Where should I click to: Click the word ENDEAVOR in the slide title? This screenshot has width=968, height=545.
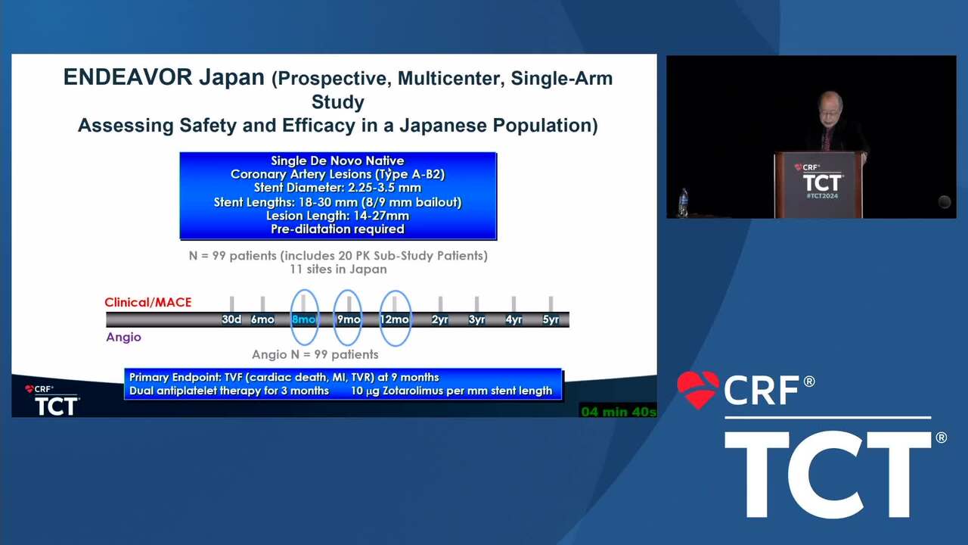pyautogui.click(x=128, y=77)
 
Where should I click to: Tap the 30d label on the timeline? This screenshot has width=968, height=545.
pyautogui.click(x=231, y=319)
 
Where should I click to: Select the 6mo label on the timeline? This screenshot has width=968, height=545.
pyautogui.click(x=262, y=319)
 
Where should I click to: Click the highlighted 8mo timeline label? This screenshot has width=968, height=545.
pyautogui.click(x=304, y=319)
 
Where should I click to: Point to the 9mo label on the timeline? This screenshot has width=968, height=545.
pyautogui.click(x=349, y=319)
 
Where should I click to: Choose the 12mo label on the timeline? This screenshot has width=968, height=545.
pyautogui.click(x=395, y=319)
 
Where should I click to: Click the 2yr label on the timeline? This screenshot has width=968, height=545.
pyautogui.click(x=440, y=319)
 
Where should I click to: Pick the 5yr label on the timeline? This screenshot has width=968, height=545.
pyautogui.click(x=551, y=319)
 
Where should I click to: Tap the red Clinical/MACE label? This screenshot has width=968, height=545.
pyautogui.click(x=147, y=302)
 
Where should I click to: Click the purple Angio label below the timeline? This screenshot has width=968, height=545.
pyautogui.click(x=123, y=337)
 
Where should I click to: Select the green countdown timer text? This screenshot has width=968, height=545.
pyautogui.click(x=619, y=412)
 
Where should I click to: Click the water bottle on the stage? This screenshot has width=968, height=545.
pyautogui.click(x=683, y=202)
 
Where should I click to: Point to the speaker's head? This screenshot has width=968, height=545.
pyautogui.click(x=830, y=106)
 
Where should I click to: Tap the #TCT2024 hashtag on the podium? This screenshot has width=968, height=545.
pyautogui.click(x=822, y=196)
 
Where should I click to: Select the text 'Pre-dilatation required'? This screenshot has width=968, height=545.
pyautogui.click(x=337, y=229)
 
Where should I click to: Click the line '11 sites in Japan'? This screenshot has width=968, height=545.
pyautogui.click(x=338, y=269)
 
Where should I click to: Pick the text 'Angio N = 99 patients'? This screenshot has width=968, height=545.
pyautogui.click(x=315, y=355)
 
